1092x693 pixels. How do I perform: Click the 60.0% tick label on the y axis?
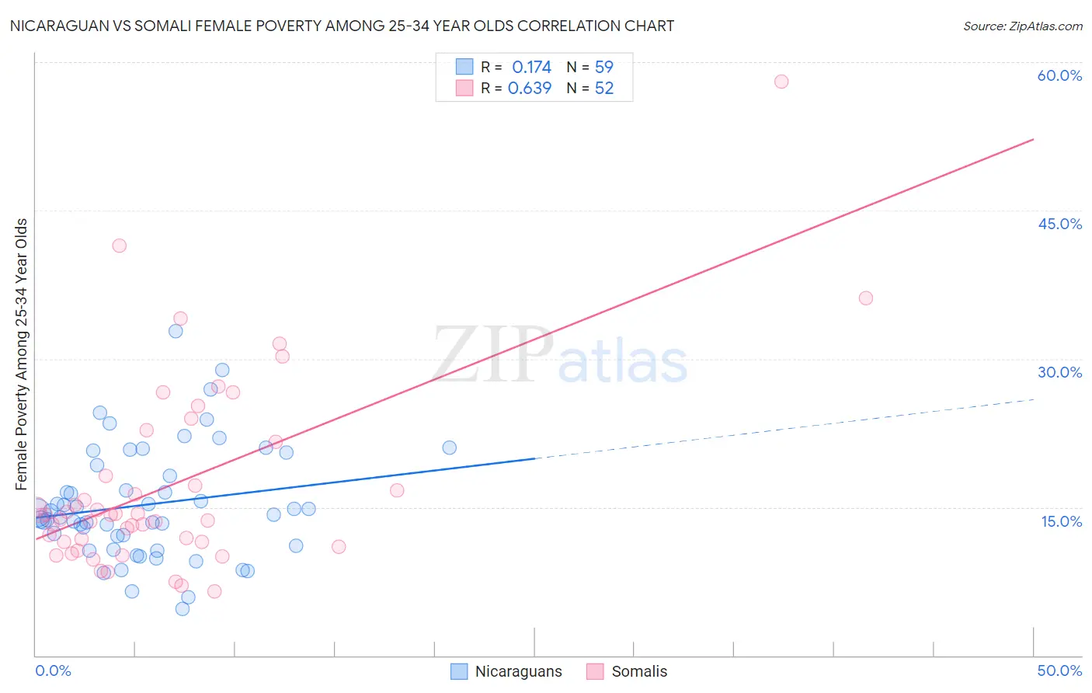[x=1059, y=75]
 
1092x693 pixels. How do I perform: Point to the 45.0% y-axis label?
[x=1059, y=224]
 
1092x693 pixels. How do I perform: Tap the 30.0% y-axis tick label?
[x=1059, y=372]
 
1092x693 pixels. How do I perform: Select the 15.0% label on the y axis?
[x=1061, y=521]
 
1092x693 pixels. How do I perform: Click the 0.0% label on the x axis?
[x=53, y=670]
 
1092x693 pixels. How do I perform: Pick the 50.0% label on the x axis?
[x=1059, y=670]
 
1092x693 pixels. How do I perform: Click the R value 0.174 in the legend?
[x=531, y=68]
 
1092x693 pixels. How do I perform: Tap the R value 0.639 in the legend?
[x=530, y=89]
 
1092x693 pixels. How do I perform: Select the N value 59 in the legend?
[x=604, y=68]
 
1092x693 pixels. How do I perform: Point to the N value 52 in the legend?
[x=604, y=89]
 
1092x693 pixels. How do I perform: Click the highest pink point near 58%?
[x=781, y=82]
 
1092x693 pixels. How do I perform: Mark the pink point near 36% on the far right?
[x=866, y=298]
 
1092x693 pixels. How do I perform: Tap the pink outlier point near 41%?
[x=119, y=246]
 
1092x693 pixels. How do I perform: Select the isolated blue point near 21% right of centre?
[x=449, y=447]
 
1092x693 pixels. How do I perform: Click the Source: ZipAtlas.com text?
[x=1023, y=26]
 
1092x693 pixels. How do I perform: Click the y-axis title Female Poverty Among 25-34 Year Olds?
[x=22, y=354]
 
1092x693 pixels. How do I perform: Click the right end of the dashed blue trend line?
[x=1034, y=399]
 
